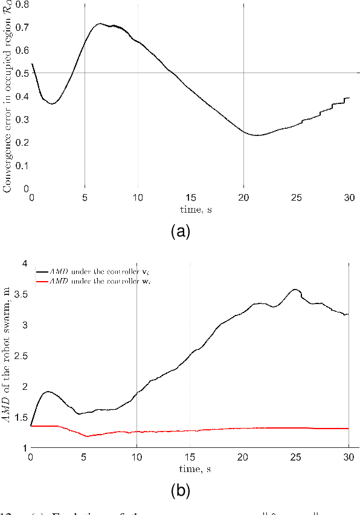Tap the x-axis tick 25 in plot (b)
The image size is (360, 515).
pyautogui.click(x=296, y=457)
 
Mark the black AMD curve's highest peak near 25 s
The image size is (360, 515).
pyautogui.click(x=295, y=290)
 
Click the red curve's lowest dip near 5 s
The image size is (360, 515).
pyautogui.click(x=87, y=436)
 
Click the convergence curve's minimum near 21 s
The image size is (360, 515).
pyautogui.click(x=258, y=135)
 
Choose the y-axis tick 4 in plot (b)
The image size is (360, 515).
pyautogui.click(x=24, y=264)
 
